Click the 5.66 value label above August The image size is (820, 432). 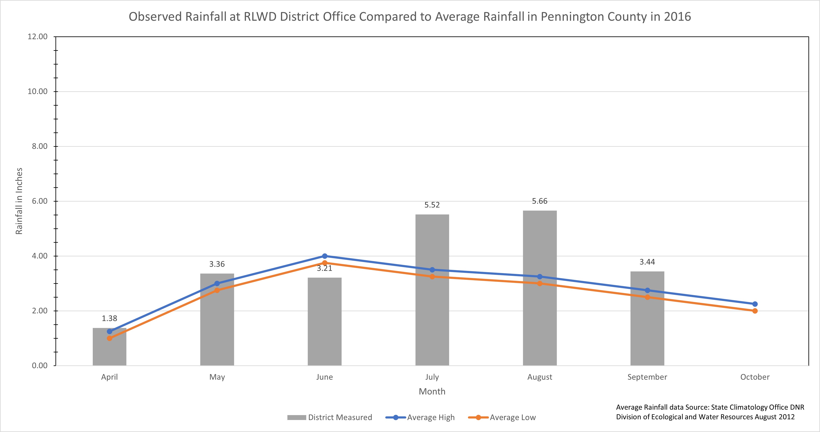[x=539, y=201]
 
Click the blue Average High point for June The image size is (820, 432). [x=325, y=256]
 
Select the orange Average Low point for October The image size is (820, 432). [x=755, y=311]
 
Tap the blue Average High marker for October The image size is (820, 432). [x=755, y=304]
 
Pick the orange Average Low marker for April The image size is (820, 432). [x=109, y=338]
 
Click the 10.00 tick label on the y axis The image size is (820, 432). [x=37, y=91]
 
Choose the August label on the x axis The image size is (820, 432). [x=539, y=377]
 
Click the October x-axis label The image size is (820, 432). [x=755, y=377]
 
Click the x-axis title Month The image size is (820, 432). [x=432, y=391]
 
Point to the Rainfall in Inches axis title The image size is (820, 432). [x=19, y=201]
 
